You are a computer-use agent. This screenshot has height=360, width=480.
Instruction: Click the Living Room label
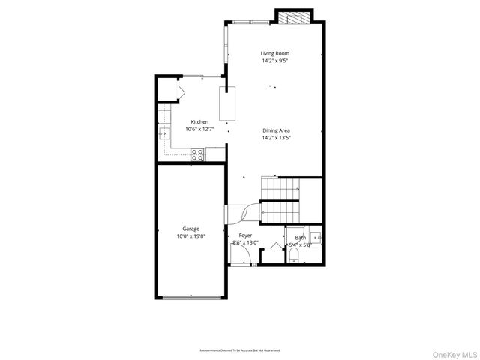275,53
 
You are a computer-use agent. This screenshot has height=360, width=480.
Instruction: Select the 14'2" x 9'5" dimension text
275,61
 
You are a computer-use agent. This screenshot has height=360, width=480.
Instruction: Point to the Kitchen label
199,122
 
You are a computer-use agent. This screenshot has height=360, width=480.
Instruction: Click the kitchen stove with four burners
197,154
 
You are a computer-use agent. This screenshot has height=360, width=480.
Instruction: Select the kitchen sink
164,134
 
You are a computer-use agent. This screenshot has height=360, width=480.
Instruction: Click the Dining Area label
276,130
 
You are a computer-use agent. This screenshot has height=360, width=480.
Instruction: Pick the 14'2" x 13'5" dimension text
276,138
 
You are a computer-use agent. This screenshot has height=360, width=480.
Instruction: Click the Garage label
190,229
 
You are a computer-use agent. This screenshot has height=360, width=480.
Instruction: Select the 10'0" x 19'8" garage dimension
190,236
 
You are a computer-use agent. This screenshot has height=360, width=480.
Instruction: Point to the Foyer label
245,235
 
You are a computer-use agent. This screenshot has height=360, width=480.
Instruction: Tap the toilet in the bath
294,257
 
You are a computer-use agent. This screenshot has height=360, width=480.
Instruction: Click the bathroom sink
316,235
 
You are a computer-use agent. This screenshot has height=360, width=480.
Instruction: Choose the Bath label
300,237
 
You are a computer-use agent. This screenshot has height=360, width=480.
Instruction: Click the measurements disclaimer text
240,350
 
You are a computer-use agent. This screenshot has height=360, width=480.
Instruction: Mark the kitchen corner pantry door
179,92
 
